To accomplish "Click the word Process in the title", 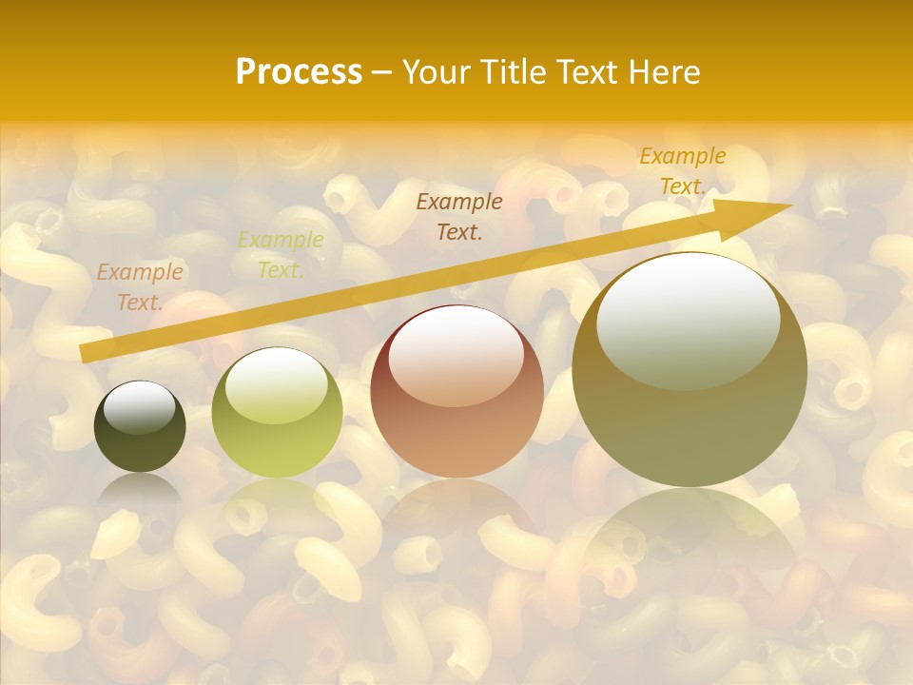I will (299, 72).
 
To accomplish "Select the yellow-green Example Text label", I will (281, 255).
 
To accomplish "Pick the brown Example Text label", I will (459, 217).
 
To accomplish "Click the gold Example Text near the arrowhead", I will (683, 171).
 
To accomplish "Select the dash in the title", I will (382, 72).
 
